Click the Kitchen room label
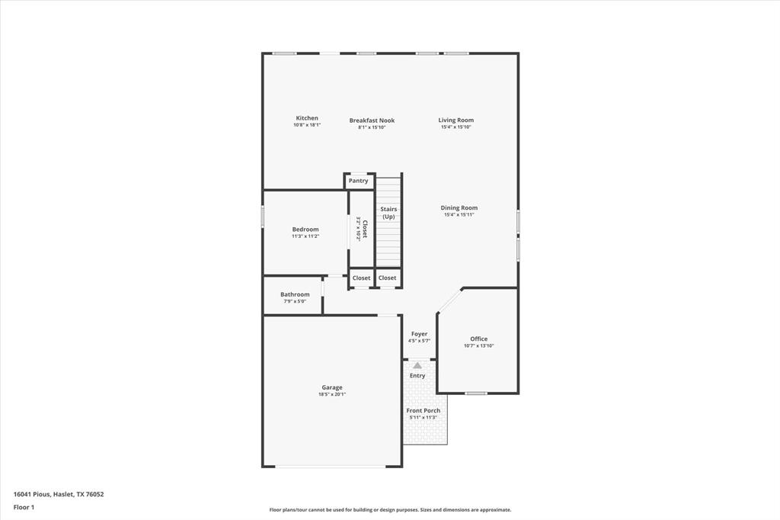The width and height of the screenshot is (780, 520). tap(307, 118)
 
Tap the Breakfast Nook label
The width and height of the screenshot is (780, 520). tap(372, 120)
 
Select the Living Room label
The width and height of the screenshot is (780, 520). tap(456, 120)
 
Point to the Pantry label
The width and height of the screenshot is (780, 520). tap(358, 181)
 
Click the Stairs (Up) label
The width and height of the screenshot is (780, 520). tap(388, 213)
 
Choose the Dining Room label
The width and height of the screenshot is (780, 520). tap(459, 207)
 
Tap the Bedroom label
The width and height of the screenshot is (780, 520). tap(305, 229)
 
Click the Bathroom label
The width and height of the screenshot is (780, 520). tap(295, 294)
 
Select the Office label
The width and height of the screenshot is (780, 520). tap(478, 339)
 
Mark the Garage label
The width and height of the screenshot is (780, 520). tap(331, 387)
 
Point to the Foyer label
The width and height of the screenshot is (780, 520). tap(419, 334)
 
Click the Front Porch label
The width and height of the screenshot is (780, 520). tap(423, 410)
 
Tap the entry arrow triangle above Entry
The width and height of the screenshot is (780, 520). tap(417, 366)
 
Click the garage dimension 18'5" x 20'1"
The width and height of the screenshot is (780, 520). tap(331, 394)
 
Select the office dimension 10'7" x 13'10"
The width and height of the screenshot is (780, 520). tap(478, 346)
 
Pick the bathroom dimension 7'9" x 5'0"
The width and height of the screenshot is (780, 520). tap(295, 301)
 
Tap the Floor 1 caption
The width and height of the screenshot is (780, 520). tap(24, 507)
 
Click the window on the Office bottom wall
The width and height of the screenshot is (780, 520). tap(476, 393)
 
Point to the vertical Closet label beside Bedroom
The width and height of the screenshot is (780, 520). tap(365, 229)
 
